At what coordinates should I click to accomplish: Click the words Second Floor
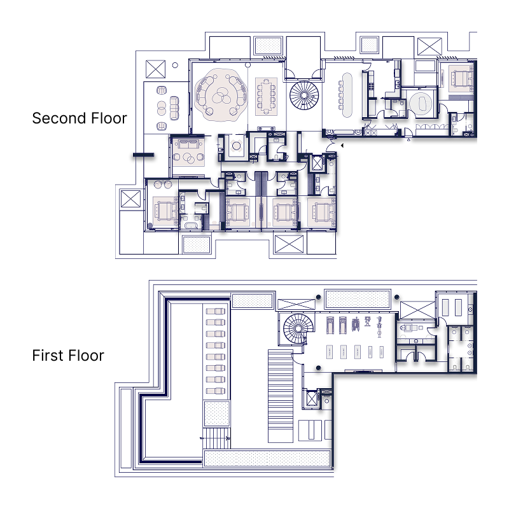[x=80, y=118]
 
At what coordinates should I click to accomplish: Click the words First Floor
[x=68, y=356]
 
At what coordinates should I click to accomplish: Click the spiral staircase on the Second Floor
[x=303, y=95]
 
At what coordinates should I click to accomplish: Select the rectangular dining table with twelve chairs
[x=267, y=96]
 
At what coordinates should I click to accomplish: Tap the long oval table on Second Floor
[x=347, y=94]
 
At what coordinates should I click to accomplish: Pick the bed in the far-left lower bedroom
[x=165, y=211]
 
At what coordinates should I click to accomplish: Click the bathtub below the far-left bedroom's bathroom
[x=190, y=225]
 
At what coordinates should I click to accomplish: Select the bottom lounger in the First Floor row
[x=216, y=388]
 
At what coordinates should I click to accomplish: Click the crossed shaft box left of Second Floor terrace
[x=130, y=199]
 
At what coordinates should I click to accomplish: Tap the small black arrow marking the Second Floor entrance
[x=342, y=146]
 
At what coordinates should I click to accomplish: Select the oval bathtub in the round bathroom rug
[x=421, y=102]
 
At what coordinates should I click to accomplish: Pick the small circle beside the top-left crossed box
[x=175, y=65]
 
